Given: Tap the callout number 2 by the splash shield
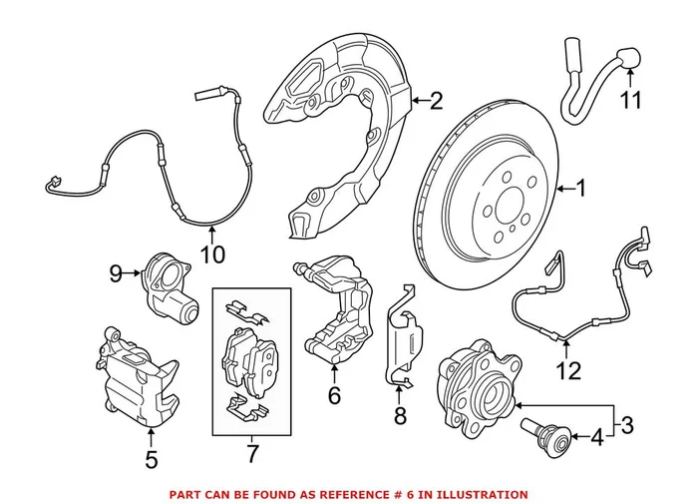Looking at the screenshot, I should coord(435,99).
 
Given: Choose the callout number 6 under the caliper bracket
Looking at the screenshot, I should coord(334,396).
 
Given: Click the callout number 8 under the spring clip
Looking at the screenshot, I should coord(400,416).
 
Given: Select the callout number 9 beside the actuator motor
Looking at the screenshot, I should coord(116,271).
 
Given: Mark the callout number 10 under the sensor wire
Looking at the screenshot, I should coord(212,254).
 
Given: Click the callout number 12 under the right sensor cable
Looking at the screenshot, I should coord(567,373).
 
